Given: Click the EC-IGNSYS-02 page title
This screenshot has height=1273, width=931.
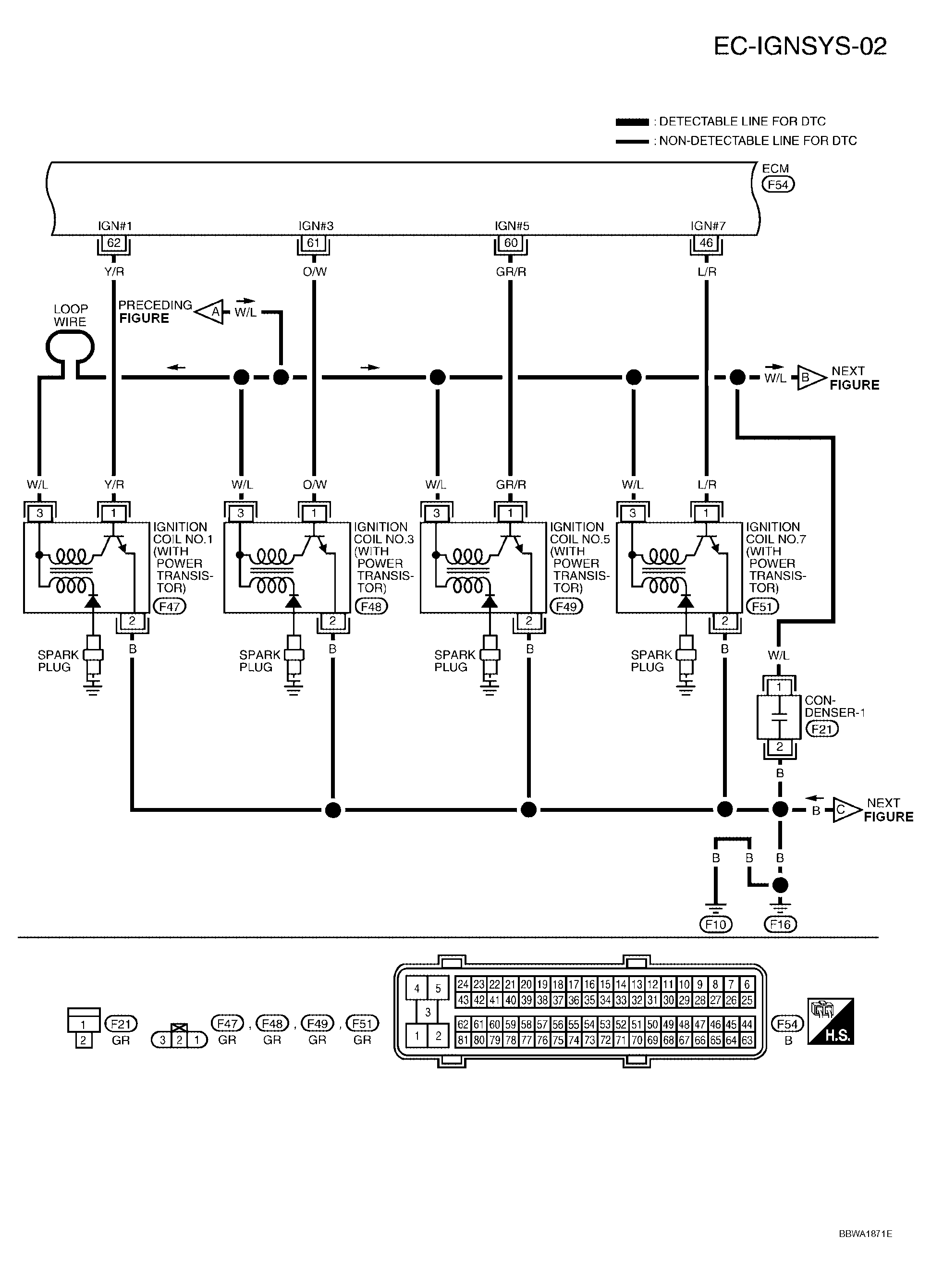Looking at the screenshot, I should tap(800, 46).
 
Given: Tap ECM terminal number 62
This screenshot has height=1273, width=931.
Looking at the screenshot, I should tap(114, 243).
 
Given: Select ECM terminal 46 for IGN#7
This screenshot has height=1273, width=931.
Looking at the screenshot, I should tap(706, 243).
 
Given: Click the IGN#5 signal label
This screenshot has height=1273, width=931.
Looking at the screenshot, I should tap(512, 226).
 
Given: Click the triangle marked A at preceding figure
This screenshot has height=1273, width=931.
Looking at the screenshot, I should tap(212, 312).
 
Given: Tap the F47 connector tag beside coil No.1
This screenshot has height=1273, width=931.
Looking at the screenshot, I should tap(169, 606).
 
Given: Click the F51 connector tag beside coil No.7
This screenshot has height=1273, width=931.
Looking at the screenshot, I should tap(762, 606).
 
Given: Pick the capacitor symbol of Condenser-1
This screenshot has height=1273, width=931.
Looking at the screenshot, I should tap(779, 717).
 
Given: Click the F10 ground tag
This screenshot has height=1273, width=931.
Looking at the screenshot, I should tap(715, 924).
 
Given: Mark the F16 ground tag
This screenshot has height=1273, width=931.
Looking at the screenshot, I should tap(780, 924).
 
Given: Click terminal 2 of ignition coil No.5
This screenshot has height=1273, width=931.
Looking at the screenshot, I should tap(528, 621).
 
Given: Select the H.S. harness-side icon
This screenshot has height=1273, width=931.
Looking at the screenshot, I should tap(831, 1022).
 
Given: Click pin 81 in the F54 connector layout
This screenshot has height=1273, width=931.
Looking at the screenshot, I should tap(463, 1040).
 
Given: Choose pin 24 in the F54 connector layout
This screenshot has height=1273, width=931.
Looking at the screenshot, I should tap(463, 984).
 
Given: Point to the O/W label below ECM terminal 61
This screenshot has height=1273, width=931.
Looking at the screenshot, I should tap(315, 271).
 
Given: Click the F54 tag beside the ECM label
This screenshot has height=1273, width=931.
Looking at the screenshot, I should tap(778, 184).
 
